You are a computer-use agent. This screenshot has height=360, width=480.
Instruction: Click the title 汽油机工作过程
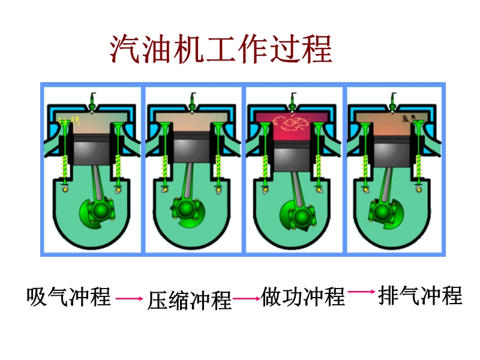[221, 49]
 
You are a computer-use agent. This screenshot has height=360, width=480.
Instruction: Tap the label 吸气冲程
[69, 296]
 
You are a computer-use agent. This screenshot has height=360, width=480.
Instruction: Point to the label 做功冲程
[304, 296]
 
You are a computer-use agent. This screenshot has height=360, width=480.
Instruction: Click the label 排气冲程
[420, 295]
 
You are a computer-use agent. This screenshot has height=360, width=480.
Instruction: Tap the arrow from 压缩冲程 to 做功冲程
[247, 298]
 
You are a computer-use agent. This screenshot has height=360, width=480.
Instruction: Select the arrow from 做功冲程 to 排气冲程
[361, 292]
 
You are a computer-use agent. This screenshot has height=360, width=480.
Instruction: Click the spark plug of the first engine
[92, 102]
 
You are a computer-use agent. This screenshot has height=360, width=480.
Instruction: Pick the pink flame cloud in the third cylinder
[292, 124]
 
